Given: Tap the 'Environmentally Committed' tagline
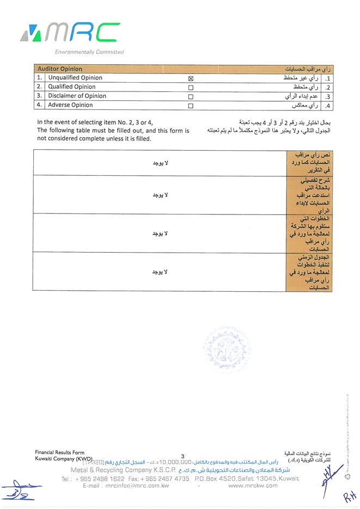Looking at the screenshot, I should coord(89,52).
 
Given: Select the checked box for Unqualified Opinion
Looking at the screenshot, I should coord(191,78).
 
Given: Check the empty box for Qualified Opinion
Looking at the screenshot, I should coord(191,88).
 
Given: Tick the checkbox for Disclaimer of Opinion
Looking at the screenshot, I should coord(191,96).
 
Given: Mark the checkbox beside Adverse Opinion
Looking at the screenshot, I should coord(191,106).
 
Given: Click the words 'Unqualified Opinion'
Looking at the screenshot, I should coord(75,78).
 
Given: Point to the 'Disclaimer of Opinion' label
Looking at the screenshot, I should coord(77,96).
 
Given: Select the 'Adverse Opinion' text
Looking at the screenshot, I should coord(70,105).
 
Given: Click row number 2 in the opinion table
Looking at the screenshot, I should coord(39,87).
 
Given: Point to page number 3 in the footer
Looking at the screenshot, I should coord(183,456).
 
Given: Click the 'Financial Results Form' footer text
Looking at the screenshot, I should coord(60,452).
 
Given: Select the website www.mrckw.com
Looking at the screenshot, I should coord(253,486).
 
